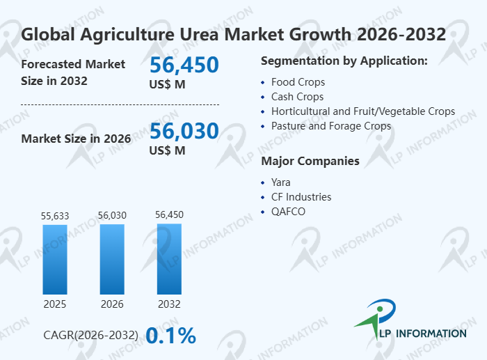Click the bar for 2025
click(x=55, y=260)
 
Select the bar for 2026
click(x=112, y=259)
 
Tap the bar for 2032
click(x=169, y=259)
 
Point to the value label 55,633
click(x=55, y=216)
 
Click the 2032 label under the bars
click(x=169, y=304)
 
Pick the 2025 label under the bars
click(x=55, y=304)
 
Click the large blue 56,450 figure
click(x=184, y=65)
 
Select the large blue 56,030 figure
click(x=184, y=131)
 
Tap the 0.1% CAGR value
click(x=171, y=336)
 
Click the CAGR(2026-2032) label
click(x=90, y=335)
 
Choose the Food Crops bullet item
click(x=298, y=82)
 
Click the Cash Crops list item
click(x=297, y=97)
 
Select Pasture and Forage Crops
click(x=331, y=126)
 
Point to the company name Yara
click(x=281, y=182)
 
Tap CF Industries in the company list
click(x=301, y=197)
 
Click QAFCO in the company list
click(x=288, y=212)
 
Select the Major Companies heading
click(x=310, y=161)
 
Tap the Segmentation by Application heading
click(x=344, y=61)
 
